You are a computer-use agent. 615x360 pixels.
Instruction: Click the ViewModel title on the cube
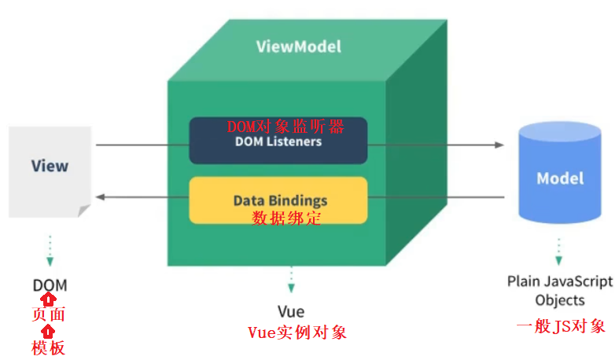tap(299, 46)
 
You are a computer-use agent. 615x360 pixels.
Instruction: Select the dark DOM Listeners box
tap(278, 141)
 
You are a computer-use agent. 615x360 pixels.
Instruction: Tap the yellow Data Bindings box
tap(278, 200)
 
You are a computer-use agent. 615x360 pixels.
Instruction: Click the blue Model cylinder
tap(560, 177)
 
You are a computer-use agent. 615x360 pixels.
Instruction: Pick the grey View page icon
tap(50, 167)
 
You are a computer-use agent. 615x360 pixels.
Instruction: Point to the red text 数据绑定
tap(286, 219)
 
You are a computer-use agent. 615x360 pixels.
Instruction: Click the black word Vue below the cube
tap(291, 311)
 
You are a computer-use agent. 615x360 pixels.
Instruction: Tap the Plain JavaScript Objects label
tap(560, 290)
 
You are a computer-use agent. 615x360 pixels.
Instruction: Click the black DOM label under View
tap(50, 285)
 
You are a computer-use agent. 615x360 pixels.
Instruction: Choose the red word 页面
tap(49, 315)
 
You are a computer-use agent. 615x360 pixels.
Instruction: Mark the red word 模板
tap(49, 347)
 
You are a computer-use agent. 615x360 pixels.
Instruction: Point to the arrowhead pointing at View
tap(100, 197)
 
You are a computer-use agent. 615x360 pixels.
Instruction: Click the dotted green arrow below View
tap(50, 252)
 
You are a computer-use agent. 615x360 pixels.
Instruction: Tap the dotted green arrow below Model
tap(559, 250)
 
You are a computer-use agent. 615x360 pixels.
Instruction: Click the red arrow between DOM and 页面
tap(49, 299)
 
